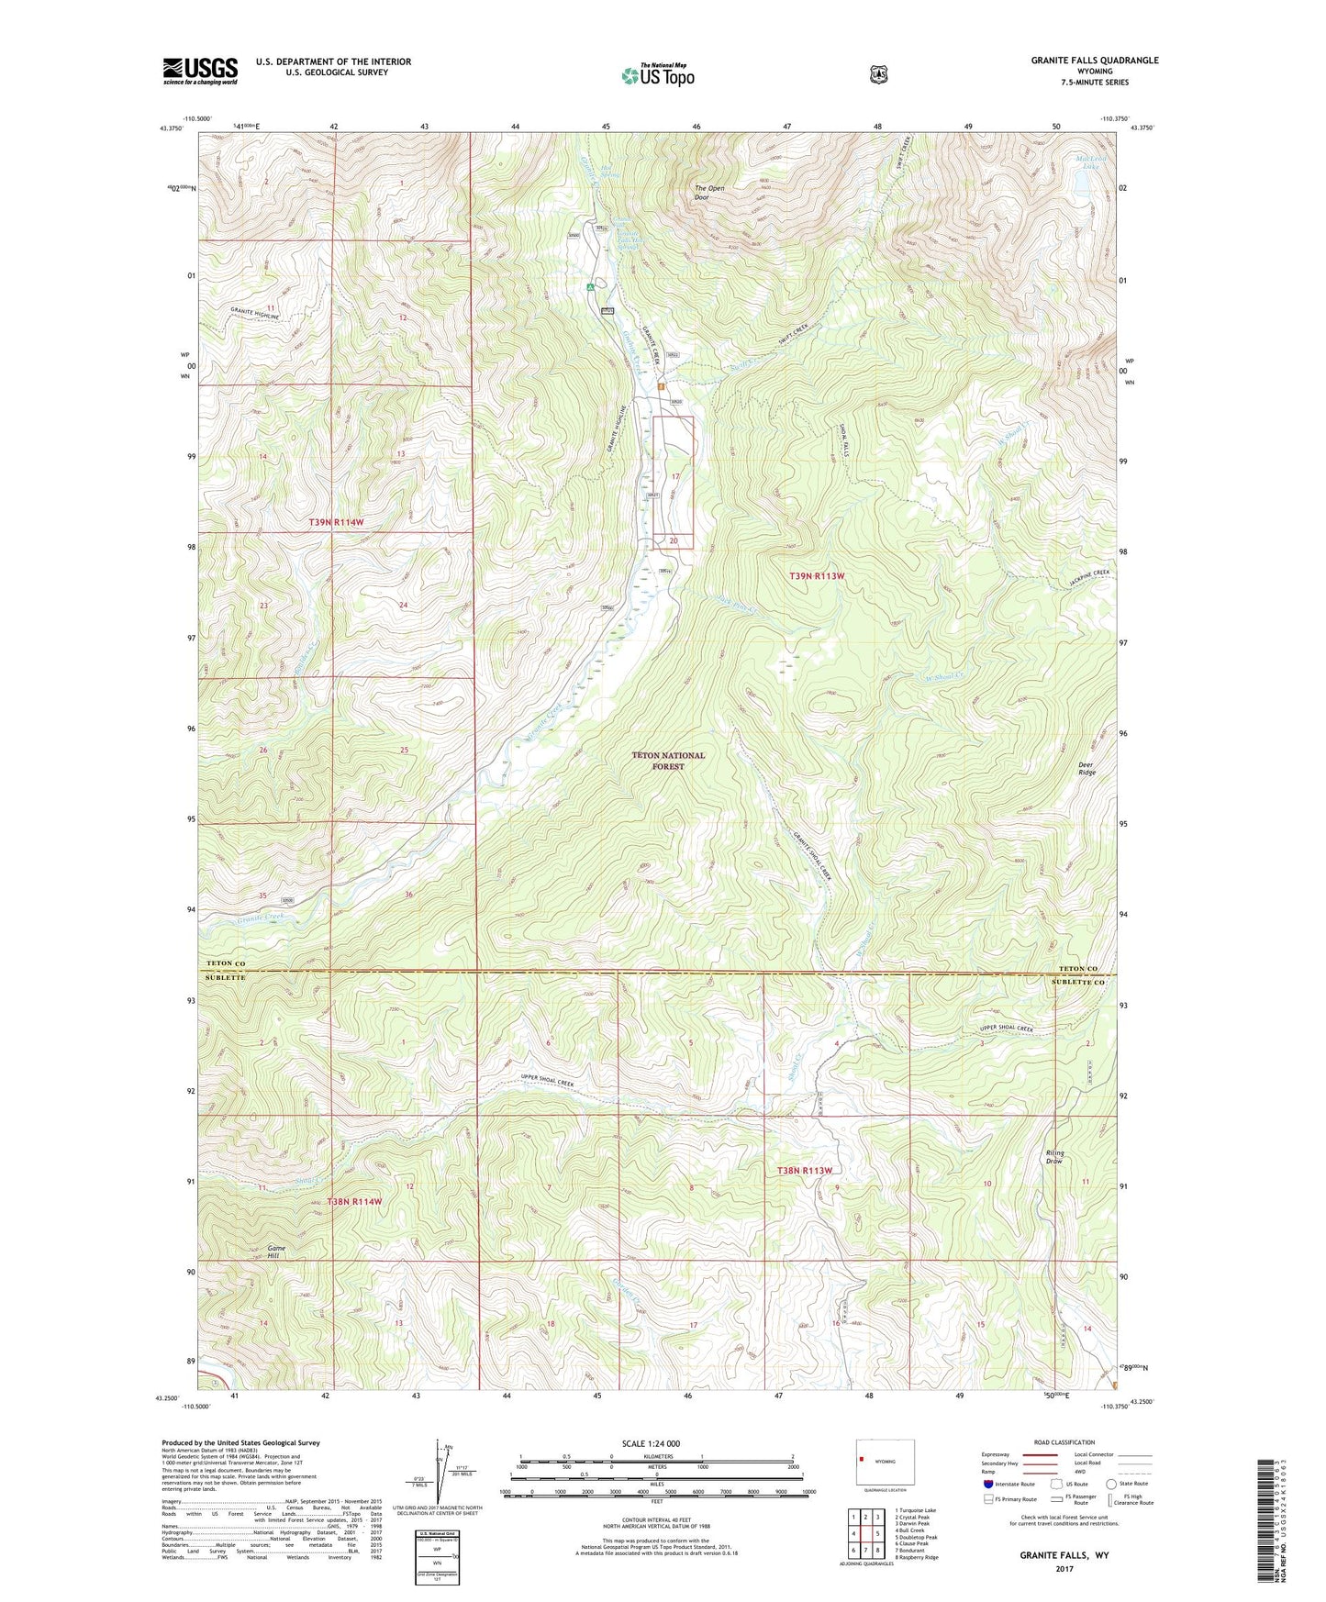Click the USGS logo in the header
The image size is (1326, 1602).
(x=200, y=70)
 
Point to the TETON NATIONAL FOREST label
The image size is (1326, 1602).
(x=668, y=761)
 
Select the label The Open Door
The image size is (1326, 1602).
(x=708, y=193)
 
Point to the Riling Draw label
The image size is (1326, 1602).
(x=1054, y=1157)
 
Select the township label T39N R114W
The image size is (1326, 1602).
(x=336, y=522)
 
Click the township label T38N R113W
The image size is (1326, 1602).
(x=804, y=1171)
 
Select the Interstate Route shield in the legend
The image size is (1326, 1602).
(x=987, y=1484)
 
